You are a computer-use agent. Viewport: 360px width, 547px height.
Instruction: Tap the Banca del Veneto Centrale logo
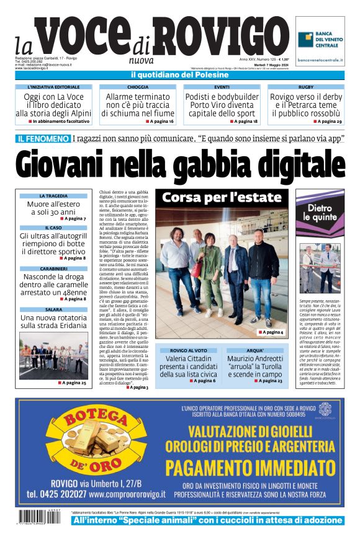[321, 40]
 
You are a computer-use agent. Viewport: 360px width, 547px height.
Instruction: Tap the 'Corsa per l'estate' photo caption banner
[222, 198]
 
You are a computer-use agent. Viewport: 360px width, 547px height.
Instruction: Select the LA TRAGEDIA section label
[53, 196]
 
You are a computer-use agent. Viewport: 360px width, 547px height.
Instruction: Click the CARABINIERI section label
[53, 269]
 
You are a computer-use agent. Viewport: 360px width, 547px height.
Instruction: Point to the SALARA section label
[53, 309]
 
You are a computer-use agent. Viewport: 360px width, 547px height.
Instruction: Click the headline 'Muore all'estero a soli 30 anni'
[53, 208]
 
